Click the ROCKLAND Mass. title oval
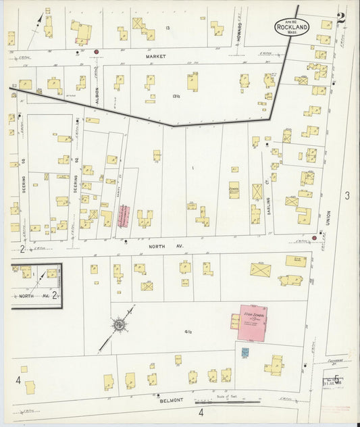[292, 27]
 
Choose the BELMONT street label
[172, 401]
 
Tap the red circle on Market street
[97, 51]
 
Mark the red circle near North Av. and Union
[314, 238]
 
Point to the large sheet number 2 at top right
[341, 18]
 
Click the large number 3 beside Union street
[346, 196]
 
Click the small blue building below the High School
[245, 352]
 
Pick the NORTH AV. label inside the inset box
[30, 296]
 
